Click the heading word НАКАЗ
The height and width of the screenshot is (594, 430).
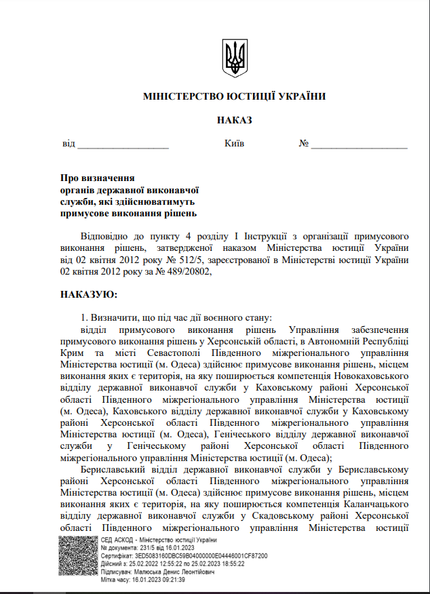point(235,120)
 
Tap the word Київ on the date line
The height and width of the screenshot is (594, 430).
point(234,144)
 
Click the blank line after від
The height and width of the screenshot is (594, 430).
point(123,144)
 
